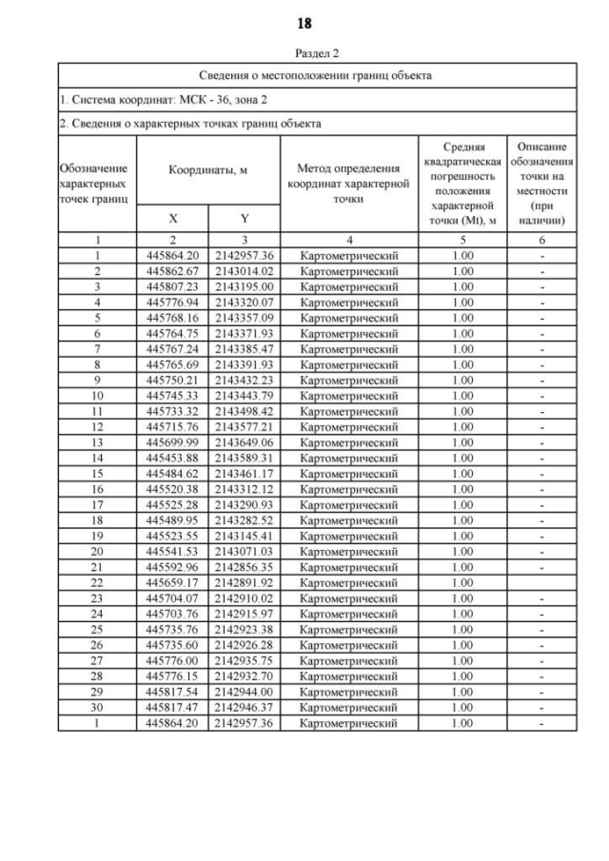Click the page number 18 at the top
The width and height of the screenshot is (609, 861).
coord(304,22)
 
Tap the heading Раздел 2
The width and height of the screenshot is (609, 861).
coord(304,54)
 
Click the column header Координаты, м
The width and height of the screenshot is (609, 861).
coord(208,169)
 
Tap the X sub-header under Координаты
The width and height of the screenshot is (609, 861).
coord(172,217)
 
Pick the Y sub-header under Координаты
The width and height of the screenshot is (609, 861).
coord(244,217)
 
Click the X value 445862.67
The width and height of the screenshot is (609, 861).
coord(172,271)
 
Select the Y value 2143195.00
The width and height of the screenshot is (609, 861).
coord(244,286)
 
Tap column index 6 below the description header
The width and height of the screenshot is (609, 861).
coord(540,241)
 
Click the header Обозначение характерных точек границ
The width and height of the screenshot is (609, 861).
coord(96,185)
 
